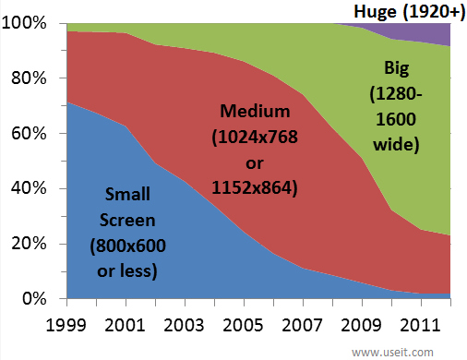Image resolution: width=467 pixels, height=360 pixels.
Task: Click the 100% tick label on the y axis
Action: pyautogui.click(x=32, y=23)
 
